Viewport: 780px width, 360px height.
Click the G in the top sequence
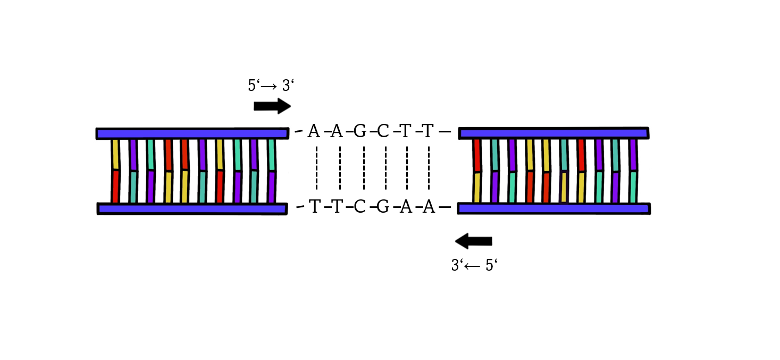360,131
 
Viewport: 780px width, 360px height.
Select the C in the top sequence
383,131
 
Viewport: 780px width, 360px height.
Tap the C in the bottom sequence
360,206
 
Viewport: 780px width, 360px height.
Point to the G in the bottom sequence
383,206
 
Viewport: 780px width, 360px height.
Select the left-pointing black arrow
473,241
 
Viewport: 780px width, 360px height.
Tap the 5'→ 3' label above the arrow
271,86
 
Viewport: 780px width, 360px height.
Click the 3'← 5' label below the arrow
474,265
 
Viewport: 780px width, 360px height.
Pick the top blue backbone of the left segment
192,133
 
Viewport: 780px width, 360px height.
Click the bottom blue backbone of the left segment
192,208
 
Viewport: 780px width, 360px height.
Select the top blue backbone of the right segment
553,133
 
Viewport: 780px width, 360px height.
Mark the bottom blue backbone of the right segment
553,208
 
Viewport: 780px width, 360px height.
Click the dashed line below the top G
364,168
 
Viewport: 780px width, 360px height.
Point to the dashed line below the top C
385,168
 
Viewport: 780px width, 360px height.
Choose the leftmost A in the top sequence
314,131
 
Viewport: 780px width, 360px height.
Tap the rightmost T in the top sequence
428,131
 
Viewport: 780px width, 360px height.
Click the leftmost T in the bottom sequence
314,206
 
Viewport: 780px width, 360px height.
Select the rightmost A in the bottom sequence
429,206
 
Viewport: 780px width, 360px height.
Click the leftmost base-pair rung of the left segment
115,171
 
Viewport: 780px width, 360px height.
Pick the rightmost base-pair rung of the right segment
633,171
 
